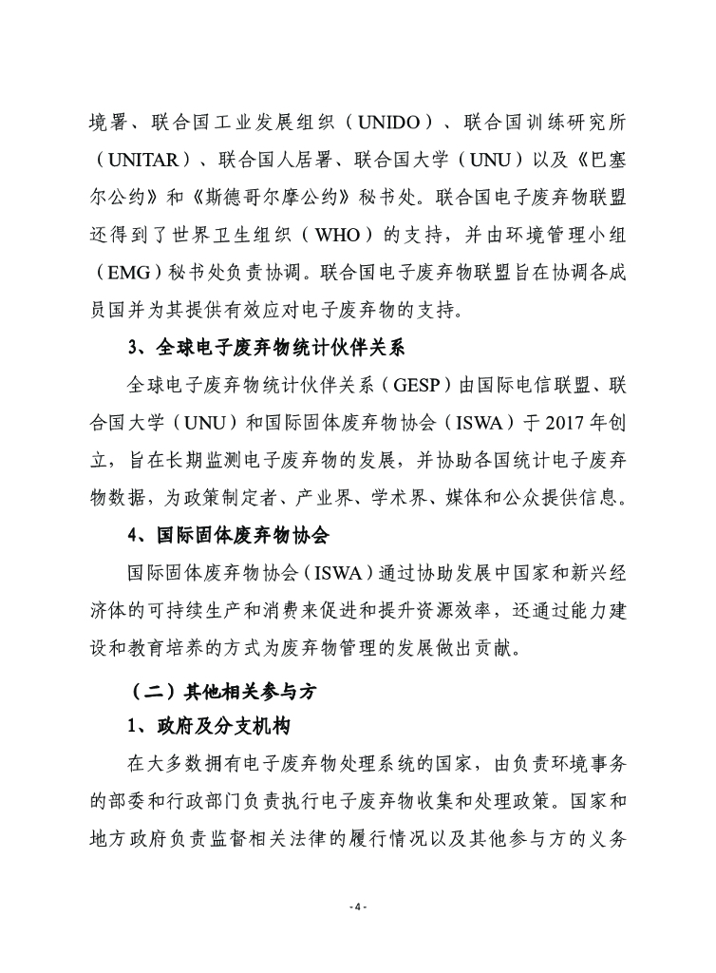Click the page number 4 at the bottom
click(357, 907)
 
